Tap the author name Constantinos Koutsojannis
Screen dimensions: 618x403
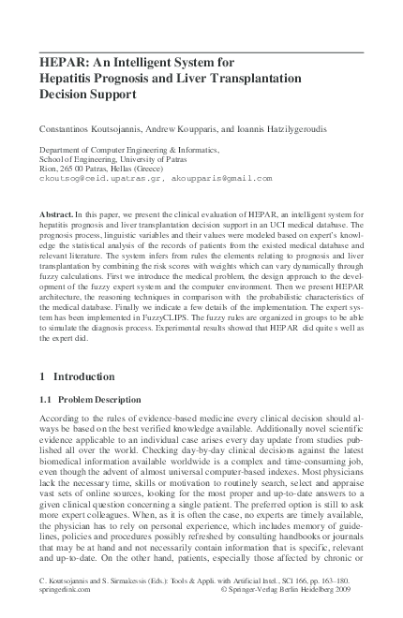(82, 126)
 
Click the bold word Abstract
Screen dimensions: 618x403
(54, 214)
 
